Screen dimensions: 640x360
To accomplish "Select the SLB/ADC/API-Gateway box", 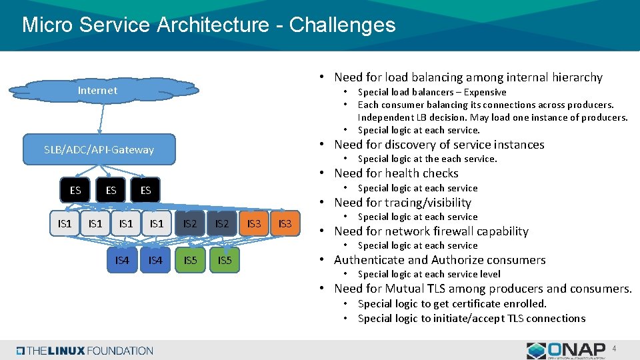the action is click(99, 149).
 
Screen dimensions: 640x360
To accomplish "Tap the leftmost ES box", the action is click(75, 190).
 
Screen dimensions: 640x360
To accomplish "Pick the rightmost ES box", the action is click(145, 190).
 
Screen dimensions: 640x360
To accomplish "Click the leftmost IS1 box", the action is click(65, 223).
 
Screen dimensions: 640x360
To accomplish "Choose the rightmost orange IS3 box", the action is click(285, 223).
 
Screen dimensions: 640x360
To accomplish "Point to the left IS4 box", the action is click(122, 260).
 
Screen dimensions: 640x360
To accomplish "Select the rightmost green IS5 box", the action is click(225, 260).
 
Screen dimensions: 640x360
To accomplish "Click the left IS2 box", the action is click(190, 223).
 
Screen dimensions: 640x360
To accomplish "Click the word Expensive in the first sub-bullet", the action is click(485, 92).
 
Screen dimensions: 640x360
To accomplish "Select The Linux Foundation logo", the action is click(85, 351).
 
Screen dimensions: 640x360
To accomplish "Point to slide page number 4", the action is click(615, 348).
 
